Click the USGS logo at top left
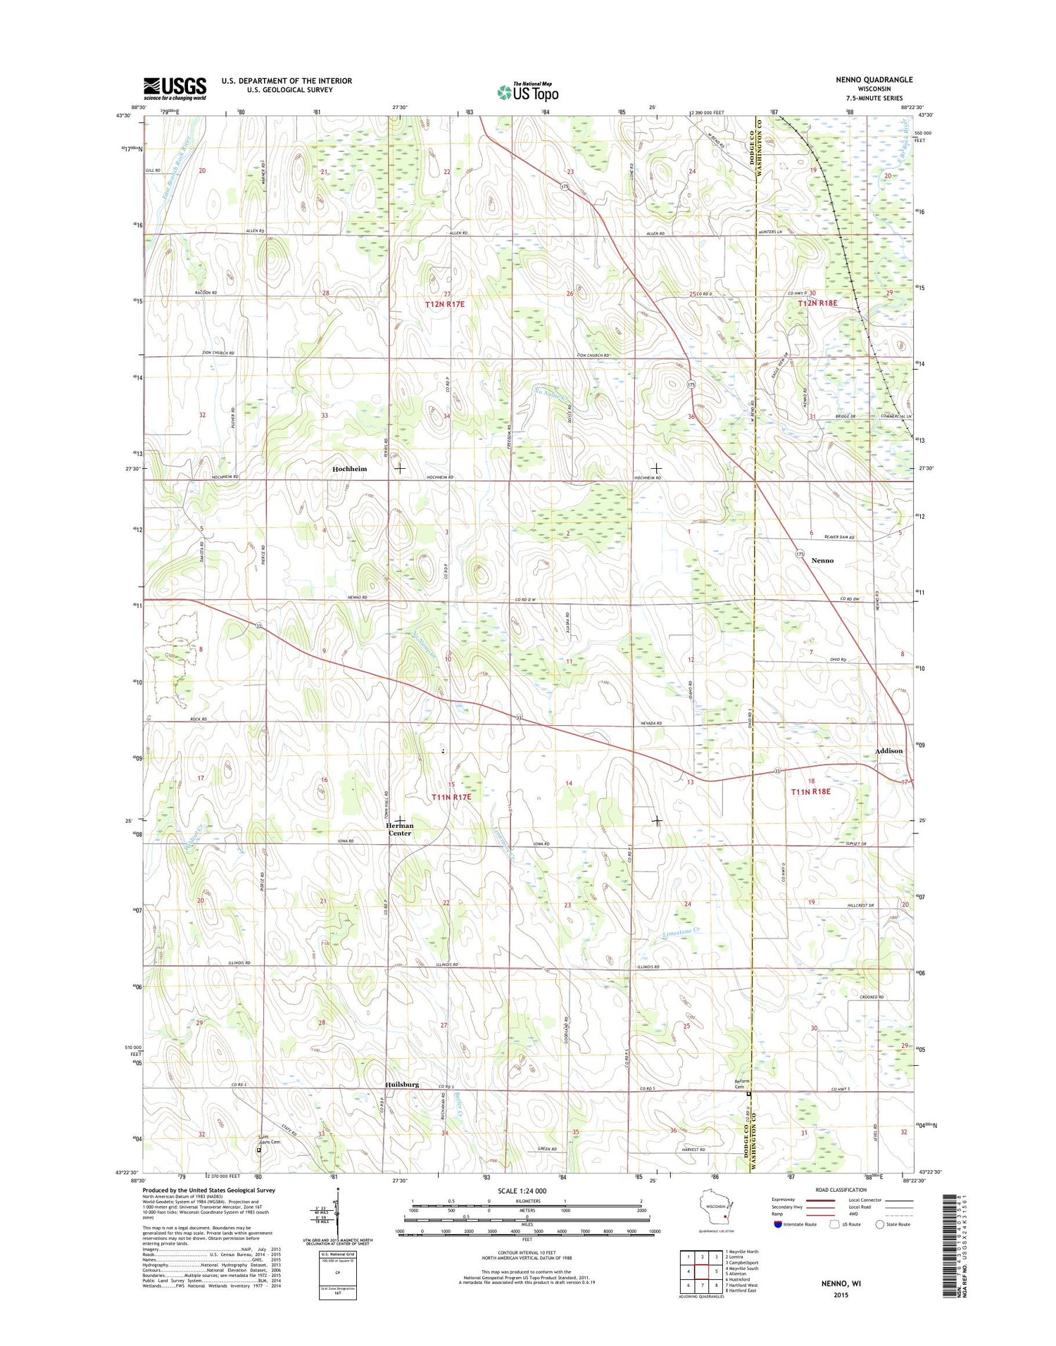[x=175, y=88]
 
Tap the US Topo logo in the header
[x=528, y=92]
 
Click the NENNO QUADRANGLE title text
[x=874, y=80]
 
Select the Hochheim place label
[x=349, y=469]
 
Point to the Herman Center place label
[x=399, y=829]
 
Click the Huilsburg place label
[x=401, y=1084]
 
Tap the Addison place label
[x=888, y=751]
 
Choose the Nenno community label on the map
[x=822, y=560]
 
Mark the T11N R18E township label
[x=810, y=792]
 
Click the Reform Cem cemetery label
[x=741, y=1084]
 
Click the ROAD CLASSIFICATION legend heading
[x=842, y=1190]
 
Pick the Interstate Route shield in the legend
[x=777, y=1224]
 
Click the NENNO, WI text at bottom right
[x=841, y=1283]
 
